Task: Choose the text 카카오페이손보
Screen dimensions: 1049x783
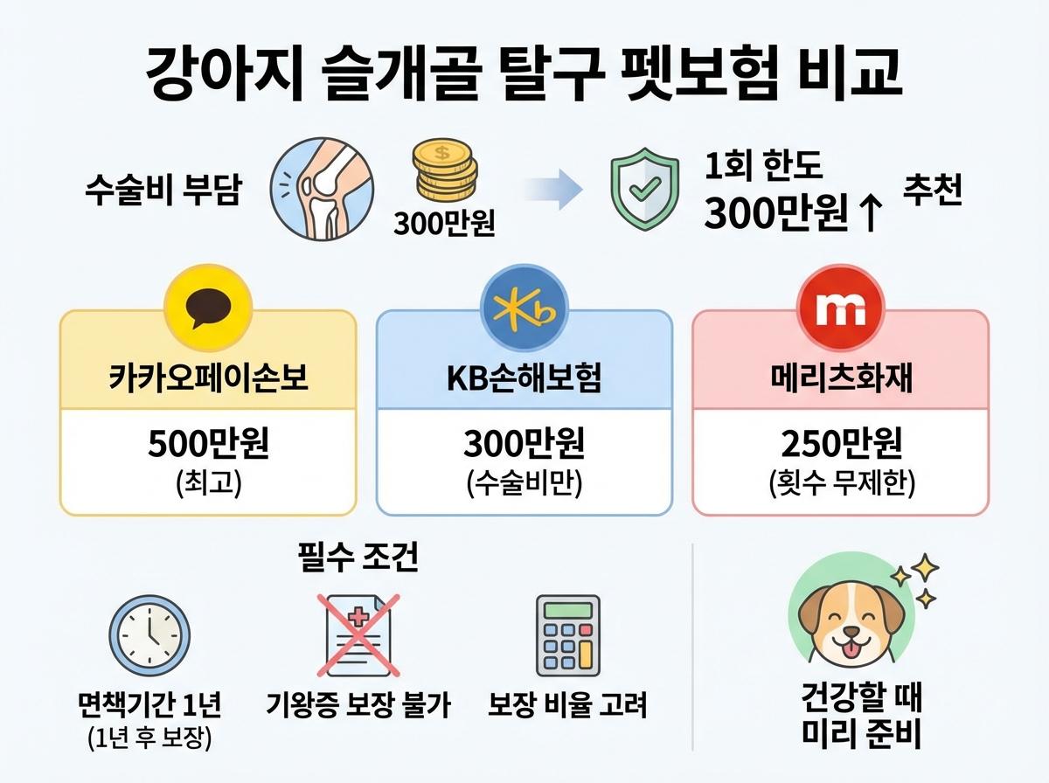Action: click(x=208, y=381)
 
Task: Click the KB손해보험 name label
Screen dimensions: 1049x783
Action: click(x=524, y=381)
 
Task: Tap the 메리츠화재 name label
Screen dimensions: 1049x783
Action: click(x=840, y=381)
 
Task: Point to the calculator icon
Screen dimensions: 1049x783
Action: click(x=568, y=635)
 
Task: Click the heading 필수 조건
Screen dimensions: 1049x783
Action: click(x=358, y=557)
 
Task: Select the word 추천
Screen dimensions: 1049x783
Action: click(x=933, y=193)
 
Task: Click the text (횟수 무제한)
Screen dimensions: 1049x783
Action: click(x=840, y=485)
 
